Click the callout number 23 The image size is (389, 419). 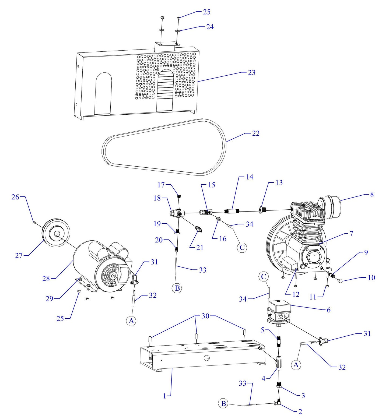point(251,73)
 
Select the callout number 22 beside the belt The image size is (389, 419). point(255,133)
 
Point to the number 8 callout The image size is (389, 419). point(372,195)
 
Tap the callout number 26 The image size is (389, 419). point(15,197)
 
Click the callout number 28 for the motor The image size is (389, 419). point(46,279)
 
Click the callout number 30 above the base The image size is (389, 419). point(205,316)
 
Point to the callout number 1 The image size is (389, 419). point(164,396)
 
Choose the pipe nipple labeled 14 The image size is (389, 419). point(232,211)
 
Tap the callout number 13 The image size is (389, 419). point(279,183)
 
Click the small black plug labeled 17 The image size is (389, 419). point(178,196)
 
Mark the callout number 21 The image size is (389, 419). point(199,248)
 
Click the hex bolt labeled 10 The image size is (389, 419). point(339,281)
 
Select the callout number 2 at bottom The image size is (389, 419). point(300,411)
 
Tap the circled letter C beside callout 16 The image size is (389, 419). point(242,247)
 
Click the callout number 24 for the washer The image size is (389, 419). point(210,27)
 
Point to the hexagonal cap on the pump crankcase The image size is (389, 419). point(314,257)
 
